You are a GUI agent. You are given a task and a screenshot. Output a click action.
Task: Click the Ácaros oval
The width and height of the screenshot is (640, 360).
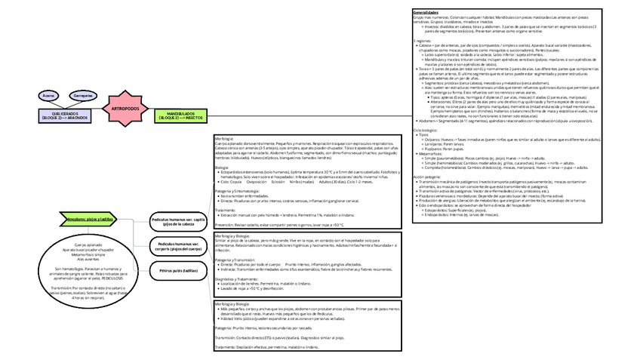click(x=50, y=96)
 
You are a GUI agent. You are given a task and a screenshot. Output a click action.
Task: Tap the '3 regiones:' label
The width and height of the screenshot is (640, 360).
click(x=423, y=40)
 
